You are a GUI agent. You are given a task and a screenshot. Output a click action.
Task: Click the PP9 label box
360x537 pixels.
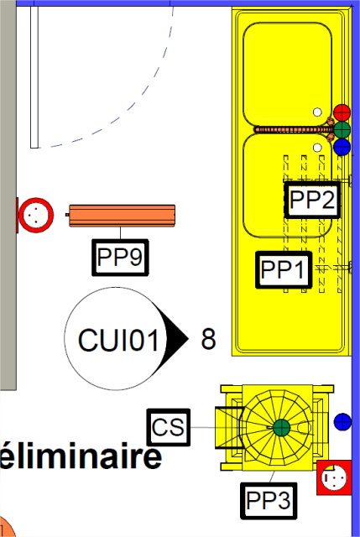(120, 258)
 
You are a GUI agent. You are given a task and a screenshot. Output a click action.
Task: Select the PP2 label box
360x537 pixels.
(312, 200)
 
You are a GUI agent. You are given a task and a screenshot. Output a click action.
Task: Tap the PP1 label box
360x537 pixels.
(284, 269)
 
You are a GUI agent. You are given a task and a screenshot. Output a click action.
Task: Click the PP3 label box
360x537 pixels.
(269, 501)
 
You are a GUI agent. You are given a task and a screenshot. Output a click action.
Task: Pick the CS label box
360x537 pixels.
(168, 427)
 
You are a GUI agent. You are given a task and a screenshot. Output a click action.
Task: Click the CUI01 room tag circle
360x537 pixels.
(117, 338)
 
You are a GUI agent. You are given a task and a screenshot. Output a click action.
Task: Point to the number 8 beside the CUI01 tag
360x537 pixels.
(208, 339)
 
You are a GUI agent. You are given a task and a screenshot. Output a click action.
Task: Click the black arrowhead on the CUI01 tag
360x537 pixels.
(174, 338)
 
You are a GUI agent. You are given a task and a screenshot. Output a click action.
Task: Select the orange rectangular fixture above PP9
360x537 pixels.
(122, 216)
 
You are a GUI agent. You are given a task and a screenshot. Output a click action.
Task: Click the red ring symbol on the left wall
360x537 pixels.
(35, 215)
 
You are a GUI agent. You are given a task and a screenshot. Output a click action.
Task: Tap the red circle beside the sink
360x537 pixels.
(342, 112)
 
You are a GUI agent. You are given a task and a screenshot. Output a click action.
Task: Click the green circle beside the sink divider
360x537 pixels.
(342, 130)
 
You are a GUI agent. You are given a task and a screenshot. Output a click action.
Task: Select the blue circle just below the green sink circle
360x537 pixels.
(342, 148)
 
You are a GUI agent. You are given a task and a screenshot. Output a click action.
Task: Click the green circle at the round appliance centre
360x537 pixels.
(282, 427)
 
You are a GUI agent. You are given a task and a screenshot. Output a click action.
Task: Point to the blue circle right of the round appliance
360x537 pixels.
(342, 421)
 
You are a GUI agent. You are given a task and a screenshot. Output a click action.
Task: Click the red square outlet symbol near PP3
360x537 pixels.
(334, 477)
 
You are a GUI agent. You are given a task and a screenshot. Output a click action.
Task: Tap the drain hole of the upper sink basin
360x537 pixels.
(317, 112)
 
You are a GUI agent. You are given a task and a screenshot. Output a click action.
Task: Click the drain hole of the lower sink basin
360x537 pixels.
(317, 148)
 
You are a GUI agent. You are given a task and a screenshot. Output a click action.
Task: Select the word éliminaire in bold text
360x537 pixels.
(81, 456)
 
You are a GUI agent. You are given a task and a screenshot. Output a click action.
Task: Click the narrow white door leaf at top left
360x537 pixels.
(34, 77)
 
